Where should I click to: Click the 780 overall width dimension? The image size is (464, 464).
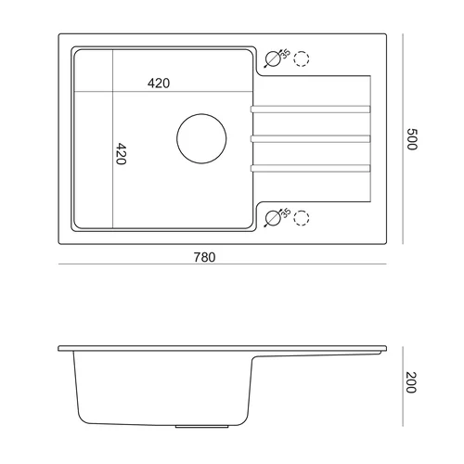click(204, 257)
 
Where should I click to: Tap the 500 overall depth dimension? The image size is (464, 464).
click(412, 139)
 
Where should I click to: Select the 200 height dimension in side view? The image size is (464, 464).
click(411, 382)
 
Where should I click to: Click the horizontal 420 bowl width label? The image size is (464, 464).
click(159, 84)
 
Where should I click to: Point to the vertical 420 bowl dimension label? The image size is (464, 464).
click(121, 154)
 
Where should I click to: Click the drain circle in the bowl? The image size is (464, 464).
click(201, 114)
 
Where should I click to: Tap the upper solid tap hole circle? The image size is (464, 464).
click(273, 51)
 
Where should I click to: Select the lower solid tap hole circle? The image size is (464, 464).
click(273, 211)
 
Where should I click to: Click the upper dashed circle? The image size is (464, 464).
click(302, 51)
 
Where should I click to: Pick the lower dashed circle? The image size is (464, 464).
click(302, 211)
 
